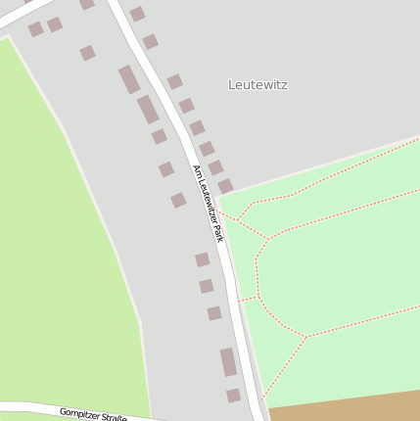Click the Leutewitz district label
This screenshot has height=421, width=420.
point(257,85)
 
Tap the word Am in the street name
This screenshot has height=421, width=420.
point(197,170)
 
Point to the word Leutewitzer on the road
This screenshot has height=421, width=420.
point(208,201)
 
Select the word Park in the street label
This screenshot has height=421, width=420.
point(218,233)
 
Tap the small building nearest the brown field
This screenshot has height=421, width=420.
point(233,396)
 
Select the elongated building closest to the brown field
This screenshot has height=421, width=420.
point(228,362)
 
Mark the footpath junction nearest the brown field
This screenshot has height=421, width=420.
point(306,338)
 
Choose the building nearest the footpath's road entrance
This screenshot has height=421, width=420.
point(225,186)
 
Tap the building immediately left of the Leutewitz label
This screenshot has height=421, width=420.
point(174,82)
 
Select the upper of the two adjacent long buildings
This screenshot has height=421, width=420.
point(129,79)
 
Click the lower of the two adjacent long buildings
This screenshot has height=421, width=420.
point(148,110)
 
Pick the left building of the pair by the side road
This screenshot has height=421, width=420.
point(36,29)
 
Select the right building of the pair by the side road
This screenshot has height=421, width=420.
point(55,24)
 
